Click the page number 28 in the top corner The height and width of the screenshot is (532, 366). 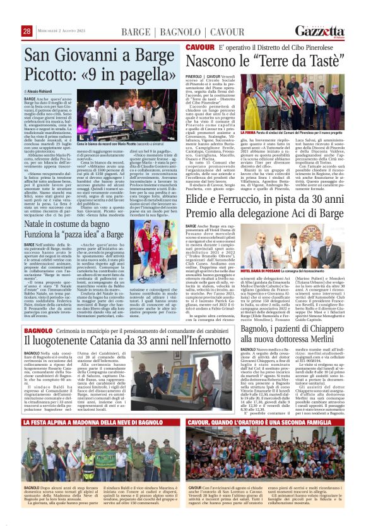tap(27, 32)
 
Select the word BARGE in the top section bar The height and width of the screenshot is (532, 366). tap(136, 32)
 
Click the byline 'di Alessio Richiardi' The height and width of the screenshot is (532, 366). tap(43, 92)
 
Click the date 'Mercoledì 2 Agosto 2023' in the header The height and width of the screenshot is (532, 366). tap(65, 32)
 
